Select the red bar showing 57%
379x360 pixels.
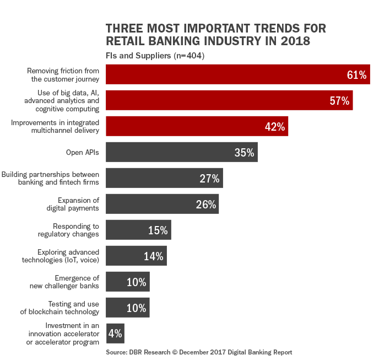229,101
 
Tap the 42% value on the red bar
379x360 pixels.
274,127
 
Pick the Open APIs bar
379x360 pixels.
181,153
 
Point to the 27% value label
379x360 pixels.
209,179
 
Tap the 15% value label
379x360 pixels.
158,230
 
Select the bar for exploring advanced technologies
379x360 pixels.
136,256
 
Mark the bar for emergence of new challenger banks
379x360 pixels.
127,282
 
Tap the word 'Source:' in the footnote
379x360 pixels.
118,351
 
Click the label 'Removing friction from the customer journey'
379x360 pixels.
63,75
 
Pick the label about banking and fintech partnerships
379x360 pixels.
50,178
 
